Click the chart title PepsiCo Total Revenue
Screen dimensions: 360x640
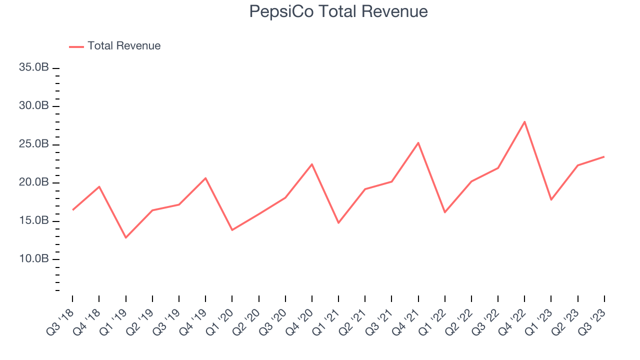coord(338,11)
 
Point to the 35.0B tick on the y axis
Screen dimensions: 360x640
coord(34,67)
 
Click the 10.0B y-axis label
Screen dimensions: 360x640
coord(34,259)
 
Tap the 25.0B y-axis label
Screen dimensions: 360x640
coord(34,144)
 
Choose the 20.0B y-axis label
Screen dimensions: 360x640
coord(34,182)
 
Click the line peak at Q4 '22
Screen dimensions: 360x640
coord(524,121)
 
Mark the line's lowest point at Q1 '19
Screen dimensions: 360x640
coord(125,237)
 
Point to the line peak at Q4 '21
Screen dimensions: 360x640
coord(418,143)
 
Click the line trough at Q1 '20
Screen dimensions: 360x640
coord(232,230)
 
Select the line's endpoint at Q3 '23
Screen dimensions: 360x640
coord(604,156)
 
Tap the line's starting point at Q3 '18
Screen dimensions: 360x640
coord(72,210)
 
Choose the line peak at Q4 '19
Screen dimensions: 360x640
coord(205,178)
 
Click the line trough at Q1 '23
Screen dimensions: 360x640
coord(551,200)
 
